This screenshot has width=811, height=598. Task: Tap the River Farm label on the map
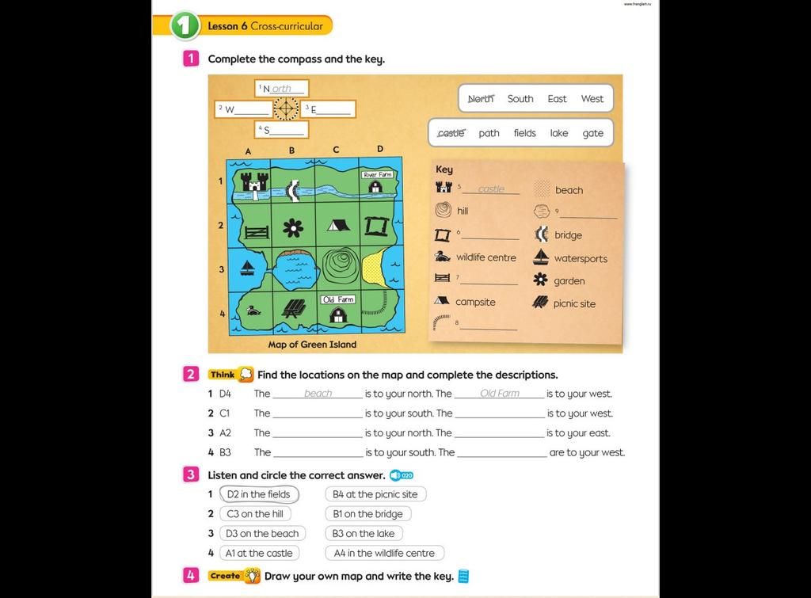[x=377, y=174]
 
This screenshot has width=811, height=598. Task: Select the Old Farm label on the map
[x=338, y=299]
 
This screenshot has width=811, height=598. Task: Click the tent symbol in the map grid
[x=338, y=225]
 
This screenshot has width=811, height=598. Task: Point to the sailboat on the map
[x=248, y=267]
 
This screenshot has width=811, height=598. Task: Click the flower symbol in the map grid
[x=293, y=228]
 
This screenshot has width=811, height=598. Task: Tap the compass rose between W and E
[x=286, y=109]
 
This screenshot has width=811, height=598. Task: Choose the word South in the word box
[x=520, y=99]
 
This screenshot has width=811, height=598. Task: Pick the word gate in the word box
[x=593, y=133]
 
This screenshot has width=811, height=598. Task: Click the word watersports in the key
[x=581, y=258]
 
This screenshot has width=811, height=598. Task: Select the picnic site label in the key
[x=574, y=303]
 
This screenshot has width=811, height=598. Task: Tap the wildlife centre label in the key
[x=485, y=257]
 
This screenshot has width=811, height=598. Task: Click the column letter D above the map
[x=380, y=149]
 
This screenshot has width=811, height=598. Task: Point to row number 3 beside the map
[x=222, y=269]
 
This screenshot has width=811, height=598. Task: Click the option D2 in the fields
[x=259, y=494]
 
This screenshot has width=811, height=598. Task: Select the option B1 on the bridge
[x=368, y=514]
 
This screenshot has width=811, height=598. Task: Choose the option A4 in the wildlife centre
[x=384, y=553]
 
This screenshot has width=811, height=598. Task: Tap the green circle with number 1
[x=185, y=26]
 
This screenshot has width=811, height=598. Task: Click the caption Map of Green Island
[x=312, y=345]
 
